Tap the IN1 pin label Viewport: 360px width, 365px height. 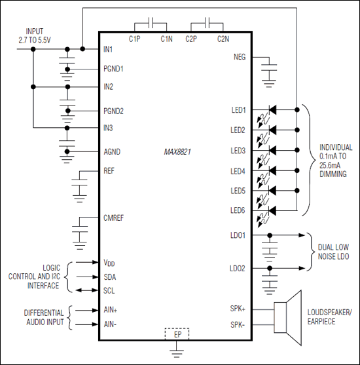[109, 49]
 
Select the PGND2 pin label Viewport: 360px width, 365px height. [113, 110]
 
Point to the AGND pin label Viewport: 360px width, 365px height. [111, 151]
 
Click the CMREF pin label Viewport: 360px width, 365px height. [114, 217]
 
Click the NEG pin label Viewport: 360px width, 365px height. [240, 57]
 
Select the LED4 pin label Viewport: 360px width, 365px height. [238, 172]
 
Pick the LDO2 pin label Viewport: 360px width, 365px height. [237, 269]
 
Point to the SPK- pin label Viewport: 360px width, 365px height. [238, 324]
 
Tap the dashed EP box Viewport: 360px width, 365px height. [177, 334]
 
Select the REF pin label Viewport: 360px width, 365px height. [109, 172]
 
